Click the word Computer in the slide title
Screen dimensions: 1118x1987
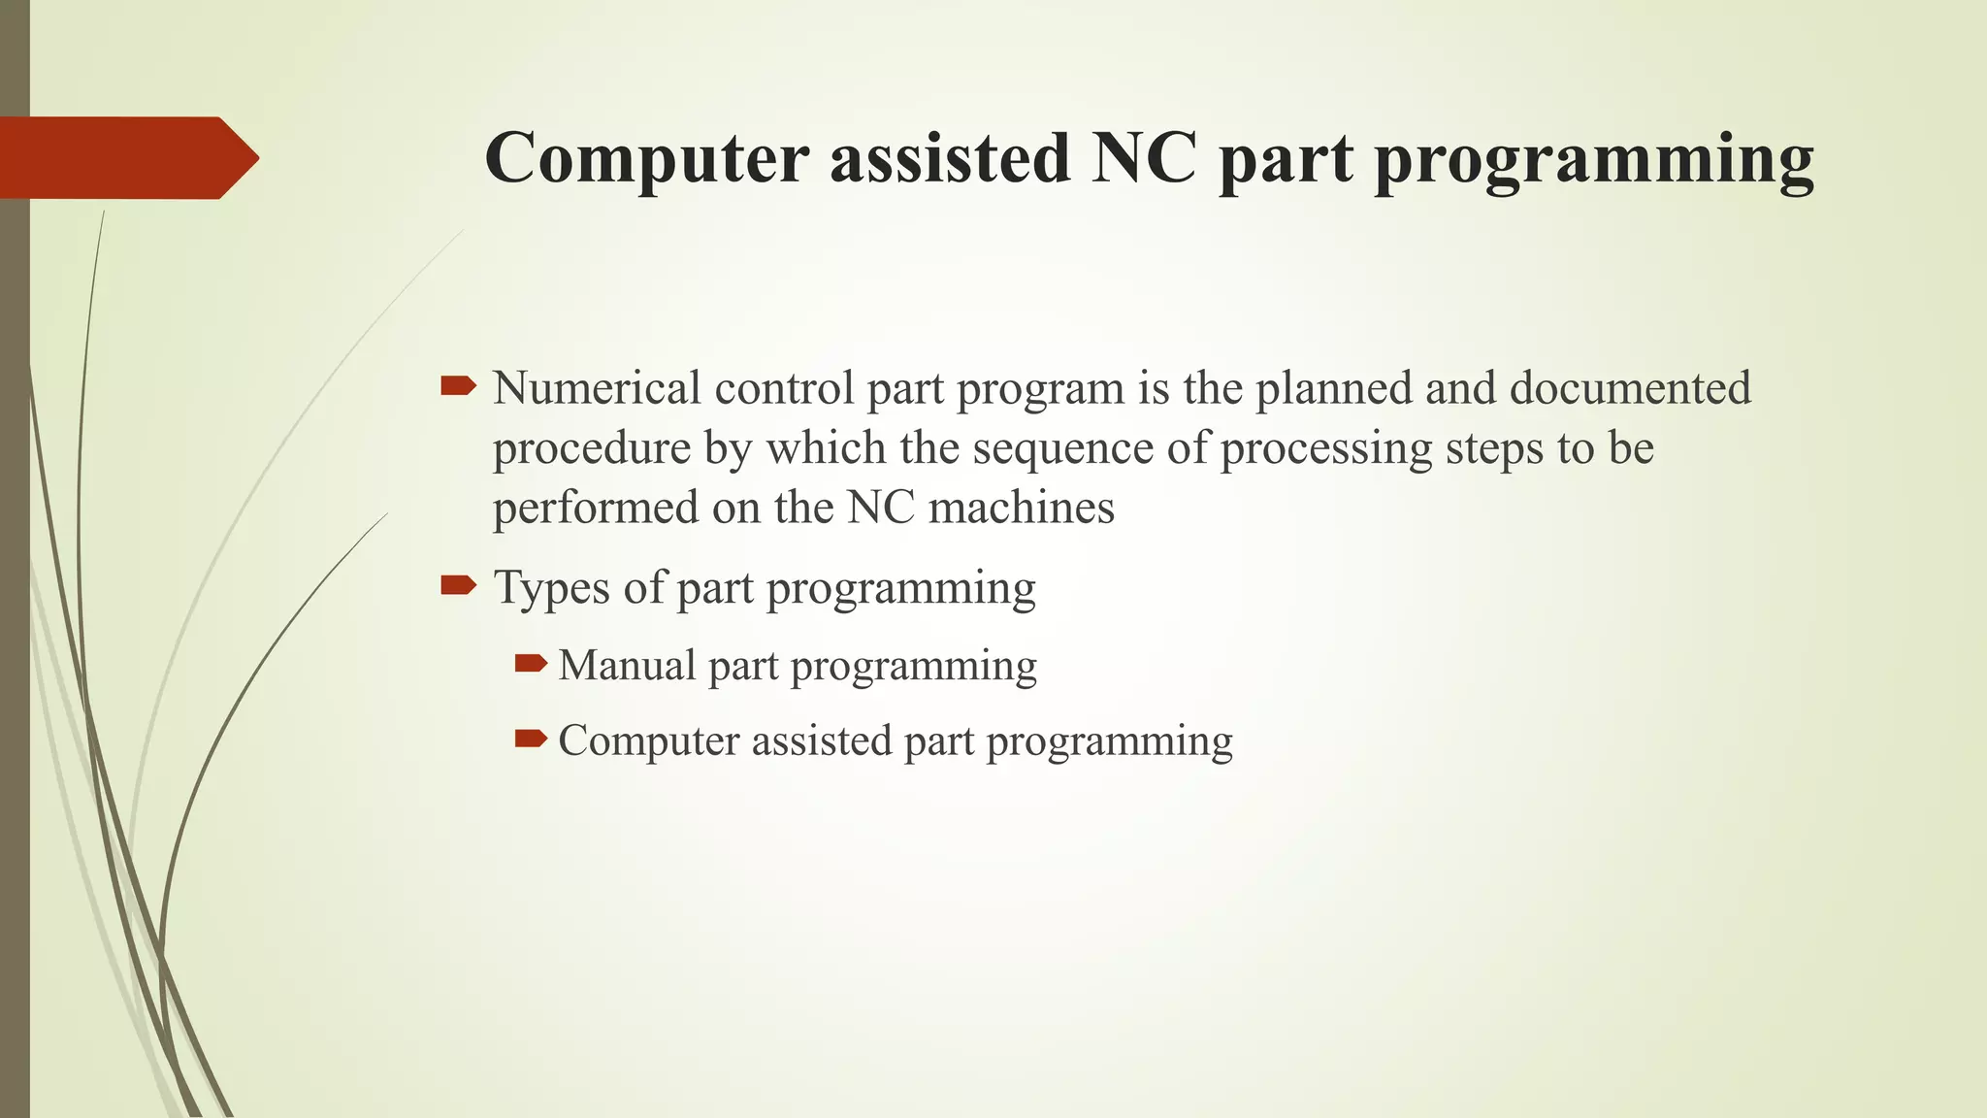(x=646, y=158)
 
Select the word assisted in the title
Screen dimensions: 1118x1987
(x=950, y=158)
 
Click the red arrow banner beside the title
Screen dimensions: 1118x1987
(x=129, y=158)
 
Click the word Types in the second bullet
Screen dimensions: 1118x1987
(x=552, y=588)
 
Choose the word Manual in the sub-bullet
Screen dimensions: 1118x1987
(x=627, y=667)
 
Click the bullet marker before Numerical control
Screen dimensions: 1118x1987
(x=458, y=386)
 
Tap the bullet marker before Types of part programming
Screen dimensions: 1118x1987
(x=458, y=584)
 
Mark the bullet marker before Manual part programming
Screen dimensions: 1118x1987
(x=531, y=664)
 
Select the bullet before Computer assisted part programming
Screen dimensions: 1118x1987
(x=531, y=739)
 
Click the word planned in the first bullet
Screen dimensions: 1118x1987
(x=1333, y=388)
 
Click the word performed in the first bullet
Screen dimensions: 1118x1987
(x=595, y=508)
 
